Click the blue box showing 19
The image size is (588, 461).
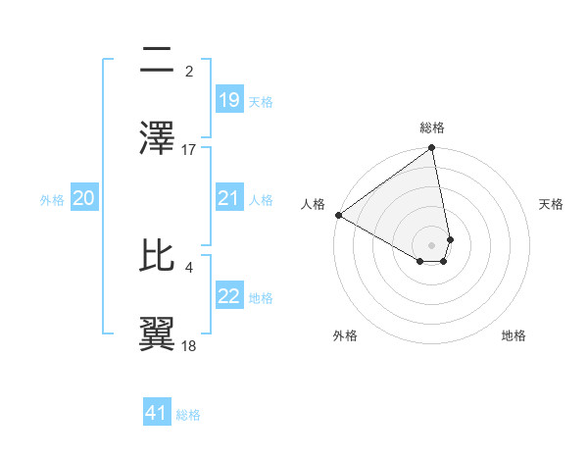tap(229, 100)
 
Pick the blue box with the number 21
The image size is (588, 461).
tap(229, 198)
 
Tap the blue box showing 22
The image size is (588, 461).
tap(229, 297)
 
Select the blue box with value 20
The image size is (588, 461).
tap(84, 198)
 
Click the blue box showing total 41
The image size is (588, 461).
tap(157, 413)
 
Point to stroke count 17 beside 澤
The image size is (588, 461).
tap(189, 149)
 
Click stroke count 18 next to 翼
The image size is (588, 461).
tap(189, 346)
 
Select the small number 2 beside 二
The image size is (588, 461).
tap(189, 71)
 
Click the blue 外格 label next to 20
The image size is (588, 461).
tap(52, 199)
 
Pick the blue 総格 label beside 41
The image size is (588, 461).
tap(188, 415)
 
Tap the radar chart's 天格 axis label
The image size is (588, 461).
tap(551, 204)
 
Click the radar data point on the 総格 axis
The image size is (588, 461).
tap(431, 149)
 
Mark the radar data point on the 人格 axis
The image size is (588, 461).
tap(338, 215)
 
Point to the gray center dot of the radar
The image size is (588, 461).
tap(431, 244)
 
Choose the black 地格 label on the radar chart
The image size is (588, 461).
tap(514, 335)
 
